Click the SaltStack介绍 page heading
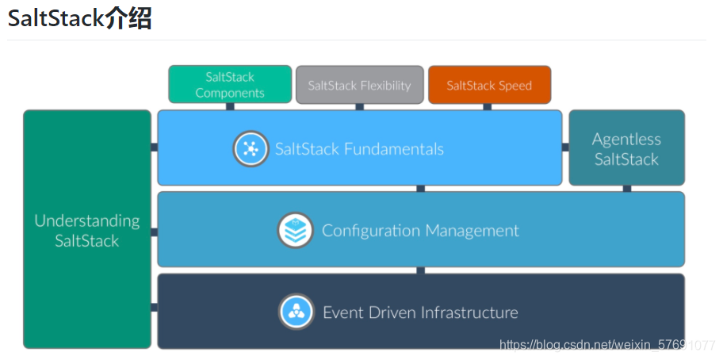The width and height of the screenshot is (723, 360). (x=80, y=17)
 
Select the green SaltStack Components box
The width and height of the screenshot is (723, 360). (x=230, y=85)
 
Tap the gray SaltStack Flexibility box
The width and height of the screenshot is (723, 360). (x=359, y=85)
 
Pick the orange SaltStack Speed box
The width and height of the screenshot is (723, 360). (x=489, y=85)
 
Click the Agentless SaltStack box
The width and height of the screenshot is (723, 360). (x=626, y=148)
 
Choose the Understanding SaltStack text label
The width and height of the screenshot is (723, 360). (x=87, y=231)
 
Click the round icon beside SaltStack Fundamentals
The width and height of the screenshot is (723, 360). (x=251, y=148)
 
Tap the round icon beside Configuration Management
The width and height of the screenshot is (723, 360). (x=295, y=231)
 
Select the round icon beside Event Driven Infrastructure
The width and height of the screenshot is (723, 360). (x=296, y=312)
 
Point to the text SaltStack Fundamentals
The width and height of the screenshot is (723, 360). (x=359, y=148)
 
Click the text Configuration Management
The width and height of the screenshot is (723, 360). (x=420, y=231)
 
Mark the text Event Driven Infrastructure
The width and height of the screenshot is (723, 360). (x=420, y=312)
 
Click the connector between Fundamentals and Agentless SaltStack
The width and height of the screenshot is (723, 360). (x=565, y=147)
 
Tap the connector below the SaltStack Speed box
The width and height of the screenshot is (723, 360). (x=487, y=106)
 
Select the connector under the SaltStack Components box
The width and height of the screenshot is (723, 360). (x=230, y=106)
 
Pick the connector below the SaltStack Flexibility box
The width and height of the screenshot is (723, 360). (x=359, y=106)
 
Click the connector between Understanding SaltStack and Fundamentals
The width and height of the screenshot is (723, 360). (x=154, y=147)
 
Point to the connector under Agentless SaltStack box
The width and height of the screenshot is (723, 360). (x=626, y=189)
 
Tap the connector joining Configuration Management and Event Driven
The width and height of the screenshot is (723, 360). (x=420, y=270)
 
